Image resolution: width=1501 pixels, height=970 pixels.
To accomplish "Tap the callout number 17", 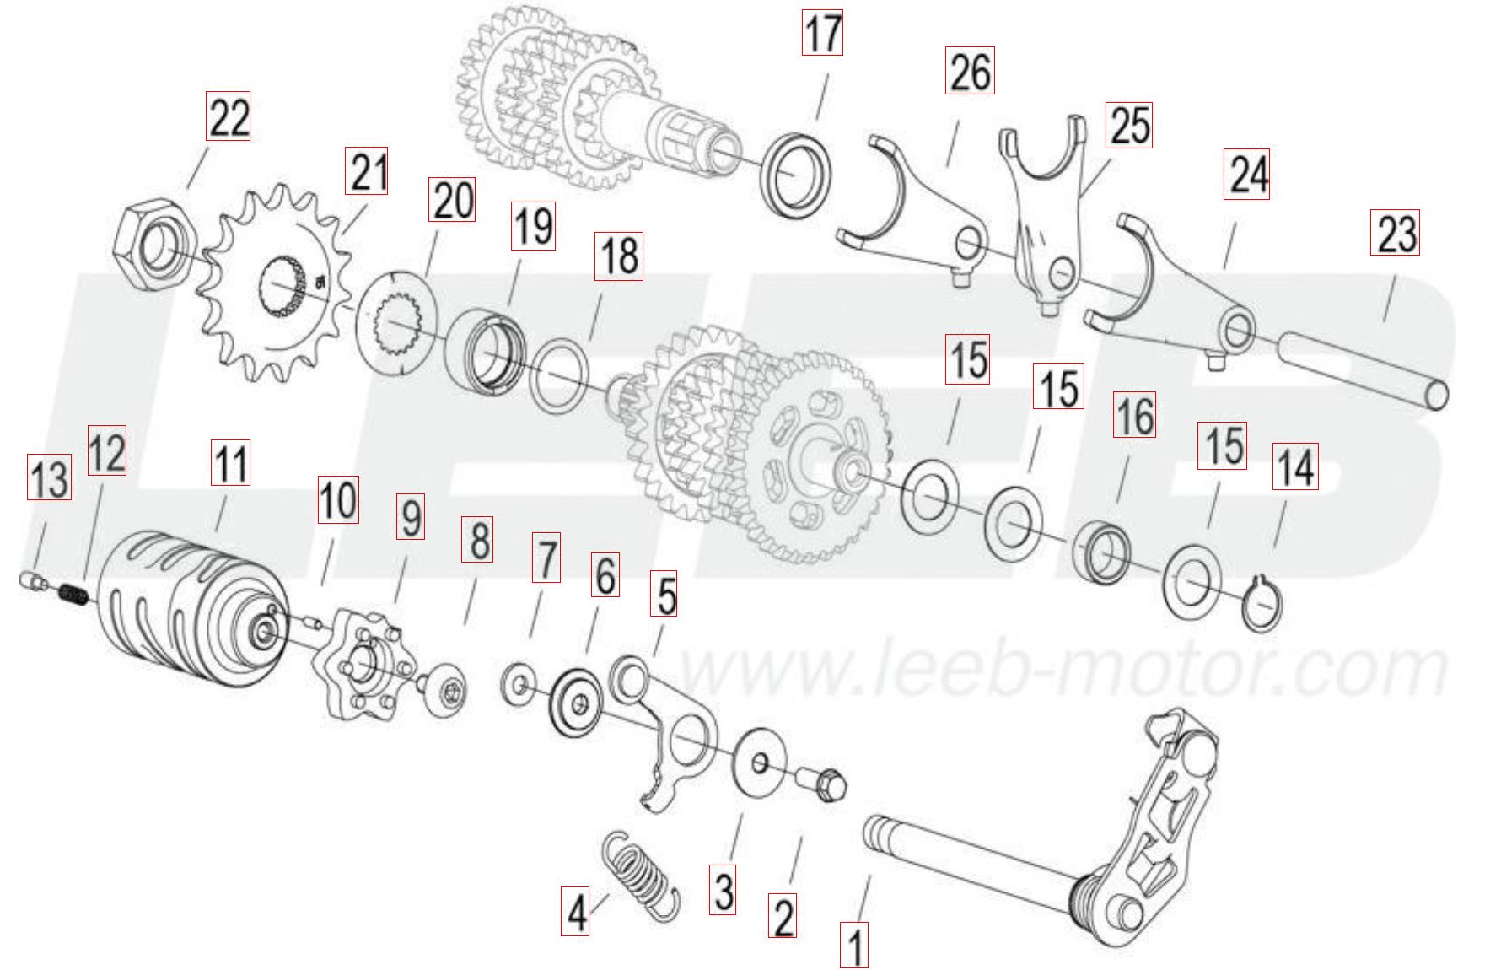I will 821,35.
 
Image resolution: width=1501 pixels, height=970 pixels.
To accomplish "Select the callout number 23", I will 1396,232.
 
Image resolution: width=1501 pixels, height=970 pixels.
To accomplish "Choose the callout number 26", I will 970,71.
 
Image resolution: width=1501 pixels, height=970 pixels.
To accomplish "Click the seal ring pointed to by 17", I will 798,180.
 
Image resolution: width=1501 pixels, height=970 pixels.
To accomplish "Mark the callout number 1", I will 854,945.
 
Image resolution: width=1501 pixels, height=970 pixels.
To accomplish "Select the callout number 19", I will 533,226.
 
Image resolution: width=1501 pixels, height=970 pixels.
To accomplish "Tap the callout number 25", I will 1130,125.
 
